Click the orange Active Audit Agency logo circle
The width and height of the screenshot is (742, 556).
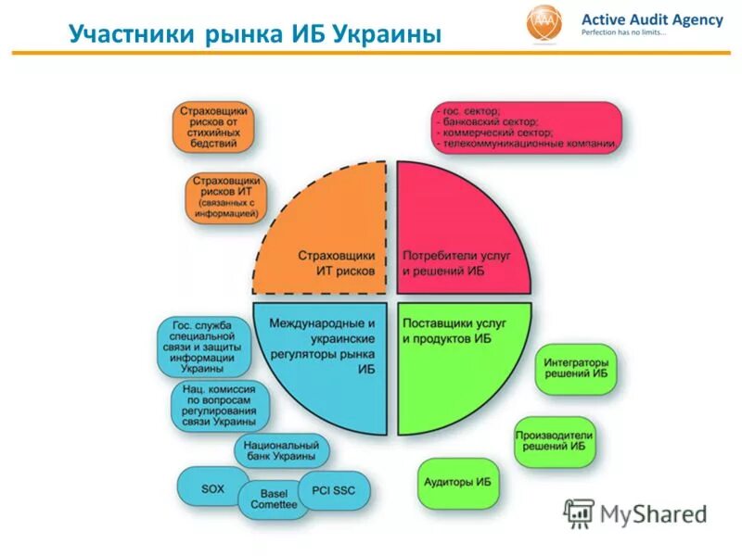click(x=544, y=23)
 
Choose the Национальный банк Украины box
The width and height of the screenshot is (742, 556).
click(x=281, y=449)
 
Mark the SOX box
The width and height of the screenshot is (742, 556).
click(x=212, y=487)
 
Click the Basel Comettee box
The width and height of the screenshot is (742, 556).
click(x=274, y=499)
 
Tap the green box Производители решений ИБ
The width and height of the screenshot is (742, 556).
click(x=555, y=440)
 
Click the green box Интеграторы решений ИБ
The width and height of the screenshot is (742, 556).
click(x=576, y=368)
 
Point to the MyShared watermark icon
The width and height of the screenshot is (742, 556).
click(x=579, y=512)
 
